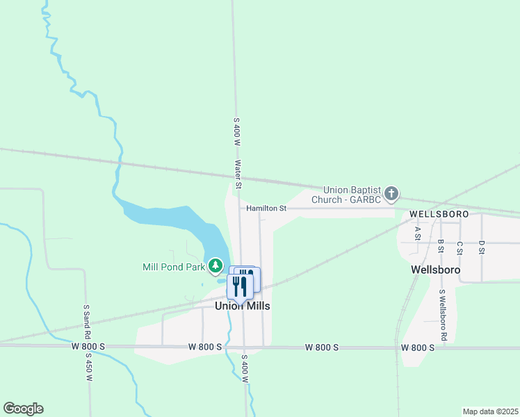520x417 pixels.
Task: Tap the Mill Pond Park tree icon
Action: [216, 266]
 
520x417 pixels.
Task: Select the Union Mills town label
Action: [242, 306]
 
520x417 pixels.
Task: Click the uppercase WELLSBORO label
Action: [439, 213]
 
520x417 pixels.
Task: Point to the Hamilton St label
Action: [266, 208]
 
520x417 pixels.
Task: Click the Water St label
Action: [238, 175]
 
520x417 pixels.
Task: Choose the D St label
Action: [481, 247]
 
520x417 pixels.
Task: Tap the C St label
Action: [460, 247]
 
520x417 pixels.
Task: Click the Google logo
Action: [23, 409]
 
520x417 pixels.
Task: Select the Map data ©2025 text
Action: [489, 411]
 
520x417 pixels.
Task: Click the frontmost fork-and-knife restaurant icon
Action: [240, 286]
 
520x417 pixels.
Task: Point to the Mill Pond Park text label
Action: [174, 266]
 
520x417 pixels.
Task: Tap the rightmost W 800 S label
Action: [419, 347]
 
